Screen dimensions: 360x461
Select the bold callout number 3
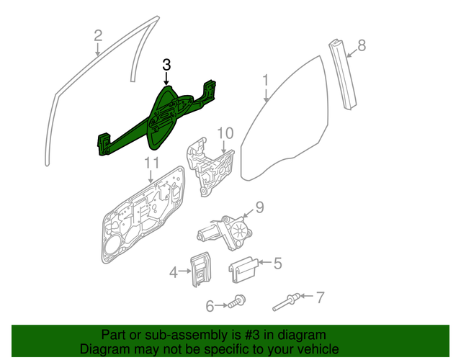(166, 65)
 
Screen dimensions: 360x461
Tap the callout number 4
(173, 272)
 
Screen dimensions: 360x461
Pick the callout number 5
(276, 264)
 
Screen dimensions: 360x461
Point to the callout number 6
(210, 306)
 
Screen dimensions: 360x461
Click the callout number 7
(321, 296)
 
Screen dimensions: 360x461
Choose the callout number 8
(362, 45)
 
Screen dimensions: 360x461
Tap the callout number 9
(259, 208)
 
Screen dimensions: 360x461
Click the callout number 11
(151, 164)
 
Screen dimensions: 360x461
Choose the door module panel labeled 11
(144, 216)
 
